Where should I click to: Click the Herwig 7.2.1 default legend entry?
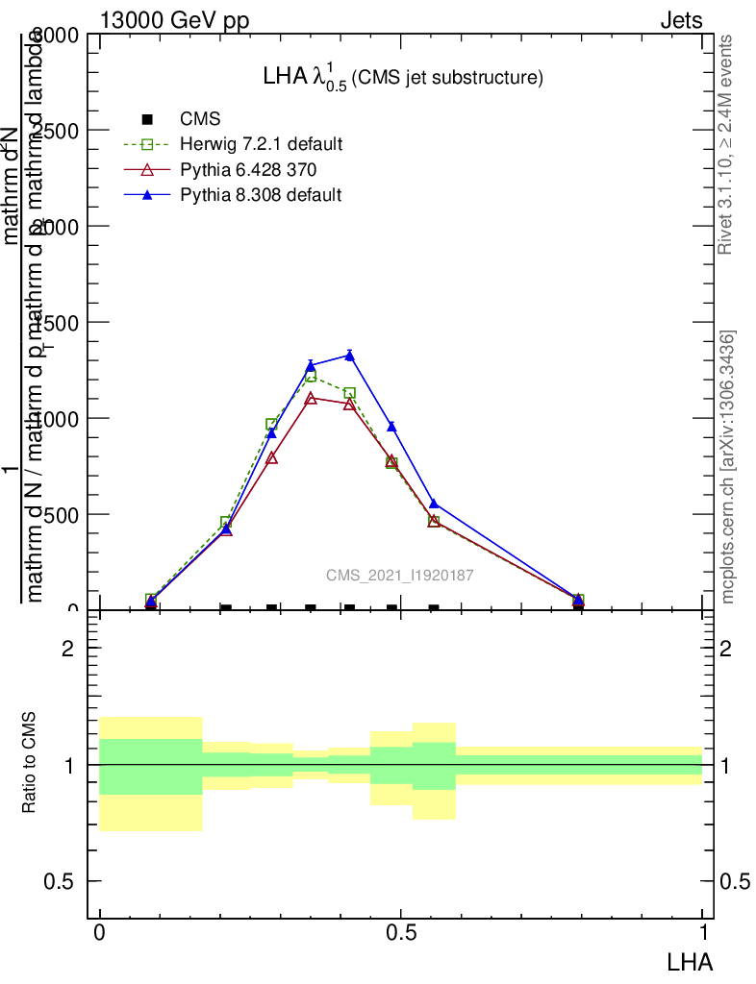tap(261, 145)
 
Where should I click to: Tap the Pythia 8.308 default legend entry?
tap(261, 195)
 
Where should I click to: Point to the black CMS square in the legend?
tap(147, 119)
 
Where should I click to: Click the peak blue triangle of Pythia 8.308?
tap(349, 356)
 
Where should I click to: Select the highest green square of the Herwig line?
tap(311, 376)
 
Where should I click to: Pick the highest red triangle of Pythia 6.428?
tap(311, 398)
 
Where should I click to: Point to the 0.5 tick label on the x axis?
tap(400, 934)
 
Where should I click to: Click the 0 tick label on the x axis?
tap(99, 934)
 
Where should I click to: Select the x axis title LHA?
tap(690, 960)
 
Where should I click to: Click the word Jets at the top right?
tap(681, 20)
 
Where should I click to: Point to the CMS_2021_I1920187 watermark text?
tap(399, 576)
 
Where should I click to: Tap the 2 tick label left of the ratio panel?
tap(68, 649)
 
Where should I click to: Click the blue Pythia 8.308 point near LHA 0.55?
tap(434, 504)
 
